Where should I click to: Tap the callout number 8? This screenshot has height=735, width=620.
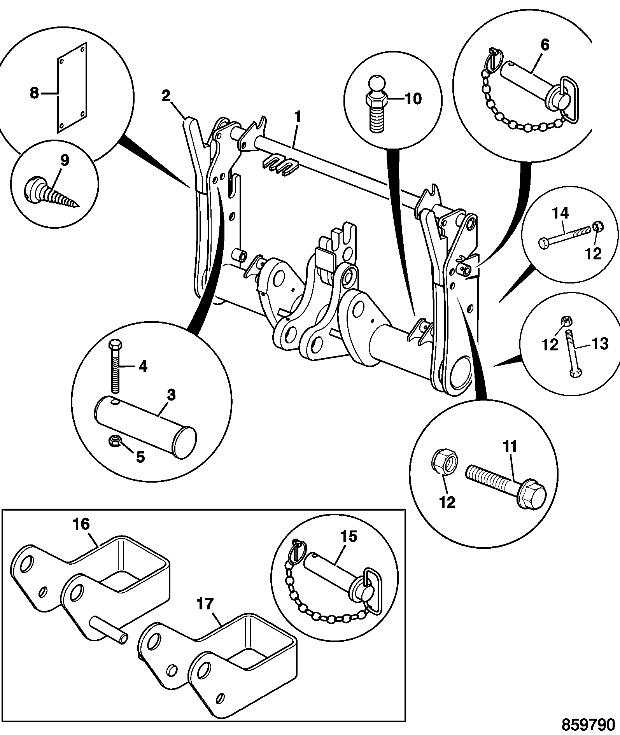tap(35, 93)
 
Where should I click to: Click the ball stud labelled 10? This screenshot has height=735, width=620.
tap(377, 105)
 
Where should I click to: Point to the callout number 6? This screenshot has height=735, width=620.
tap(545, 45)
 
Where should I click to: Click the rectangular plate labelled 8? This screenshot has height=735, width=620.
tap(72, 87)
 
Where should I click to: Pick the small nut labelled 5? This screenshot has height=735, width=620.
tap(115, 441)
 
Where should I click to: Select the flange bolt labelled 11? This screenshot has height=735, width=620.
tap(506, 485)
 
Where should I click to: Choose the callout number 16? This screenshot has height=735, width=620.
tap(81, 524)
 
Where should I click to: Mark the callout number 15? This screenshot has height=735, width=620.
tap(349, 537)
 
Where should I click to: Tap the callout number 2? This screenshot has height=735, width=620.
tap(166, 96)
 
